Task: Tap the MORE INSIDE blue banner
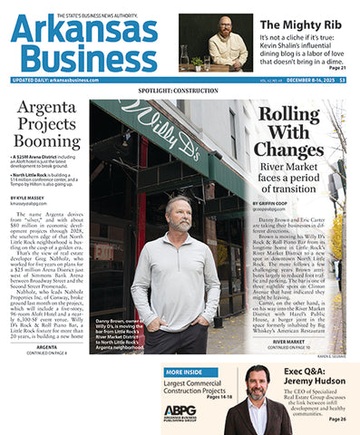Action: pyautogui.click(x=190, y=372)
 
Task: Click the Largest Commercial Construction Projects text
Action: pyautogui.click(x=201, y=388)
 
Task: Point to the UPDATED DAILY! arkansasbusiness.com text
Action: pyautogui.click(x=56, y=79)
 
